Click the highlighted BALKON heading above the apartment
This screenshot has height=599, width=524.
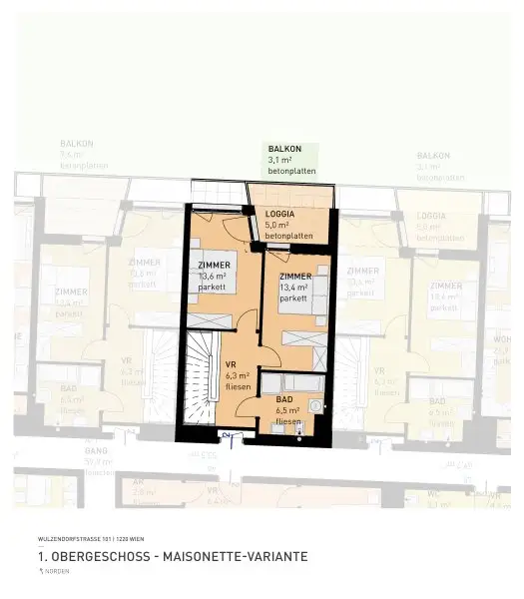tap(284, 149)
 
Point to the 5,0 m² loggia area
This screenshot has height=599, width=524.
tap(280, 226)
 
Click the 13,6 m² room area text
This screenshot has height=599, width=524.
tap(213, 276)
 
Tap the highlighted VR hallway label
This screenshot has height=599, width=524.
tap(231, 365)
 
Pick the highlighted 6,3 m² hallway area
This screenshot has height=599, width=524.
tap(238, 375)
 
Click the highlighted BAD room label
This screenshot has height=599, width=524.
tap(284, 399)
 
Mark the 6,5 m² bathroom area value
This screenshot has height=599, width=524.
tap(287, 410)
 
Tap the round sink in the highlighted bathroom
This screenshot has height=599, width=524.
tap(317, 407)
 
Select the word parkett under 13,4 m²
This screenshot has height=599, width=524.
tap(293, 298)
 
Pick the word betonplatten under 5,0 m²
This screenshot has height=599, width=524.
tap(289, 236)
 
